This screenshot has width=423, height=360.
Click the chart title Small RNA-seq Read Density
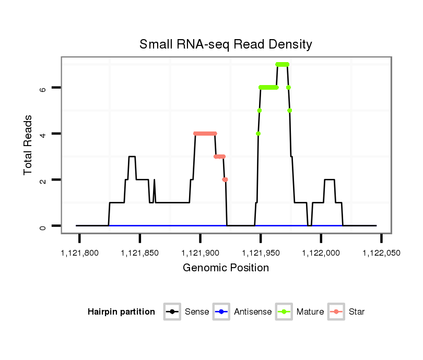tap(226, 44)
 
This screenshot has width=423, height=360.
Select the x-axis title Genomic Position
tap(226, 268)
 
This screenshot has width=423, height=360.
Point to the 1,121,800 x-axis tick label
tap(79, 253)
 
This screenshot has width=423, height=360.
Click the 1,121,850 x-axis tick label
tap(140, 253)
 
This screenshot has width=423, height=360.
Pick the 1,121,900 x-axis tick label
tap(200, 253)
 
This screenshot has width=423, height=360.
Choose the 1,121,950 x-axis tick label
tap(261, 253)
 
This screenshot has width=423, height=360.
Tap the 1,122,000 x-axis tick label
tap(321, 253)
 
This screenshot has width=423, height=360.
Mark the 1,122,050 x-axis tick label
tap(381, 253)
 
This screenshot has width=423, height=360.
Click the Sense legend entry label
tap(197, 312)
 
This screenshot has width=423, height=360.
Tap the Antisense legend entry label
tap(253, 312)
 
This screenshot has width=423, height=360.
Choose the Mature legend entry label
tap(310, 312)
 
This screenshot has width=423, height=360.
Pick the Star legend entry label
tap(357, 312)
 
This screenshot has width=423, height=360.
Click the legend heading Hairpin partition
tap(121, 312)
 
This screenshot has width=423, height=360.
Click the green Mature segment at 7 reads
tap(282, 64)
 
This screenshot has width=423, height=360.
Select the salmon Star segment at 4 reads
tap(205, 134)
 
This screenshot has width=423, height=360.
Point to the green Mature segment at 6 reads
tap(268, 88)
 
